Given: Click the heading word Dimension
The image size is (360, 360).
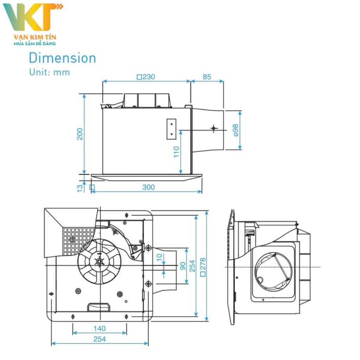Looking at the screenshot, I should [62, 58].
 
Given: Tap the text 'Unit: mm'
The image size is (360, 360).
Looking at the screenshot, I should [49, 72].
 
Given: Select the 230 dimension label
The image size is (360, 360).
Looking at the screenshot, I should [146, 77].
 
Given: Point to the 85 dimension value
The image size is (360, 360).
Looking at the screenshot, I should [207, 77].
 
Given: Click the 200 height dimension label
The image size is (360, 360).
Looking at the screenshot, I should [80, 134].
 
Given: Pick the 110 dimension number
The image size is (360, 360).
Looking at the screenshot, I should [176, 152].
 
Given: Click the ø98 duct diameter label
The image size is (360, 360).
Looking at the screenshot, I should [235, 130].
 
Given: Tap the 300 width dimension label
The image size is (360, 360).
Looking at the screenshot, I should [148, 187].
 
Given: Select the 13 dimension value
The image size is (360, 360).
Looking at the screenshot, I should [81, 188].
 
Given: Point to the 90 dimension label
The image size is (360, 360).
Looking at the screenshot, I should [183, 265].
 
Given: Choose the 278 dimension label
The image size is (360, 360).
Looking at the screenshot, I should [202, 266].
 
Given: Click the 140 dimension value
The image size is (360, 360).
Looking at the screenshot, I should [99, 328].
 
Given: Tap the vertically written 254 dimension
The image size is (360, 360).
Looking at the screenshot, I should [192, 266].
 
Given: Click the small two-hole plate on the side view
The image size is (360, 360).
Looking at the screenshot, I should [172, 129].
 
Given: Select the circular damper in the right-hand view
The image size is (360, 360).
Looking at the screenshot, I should [274, 270].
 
